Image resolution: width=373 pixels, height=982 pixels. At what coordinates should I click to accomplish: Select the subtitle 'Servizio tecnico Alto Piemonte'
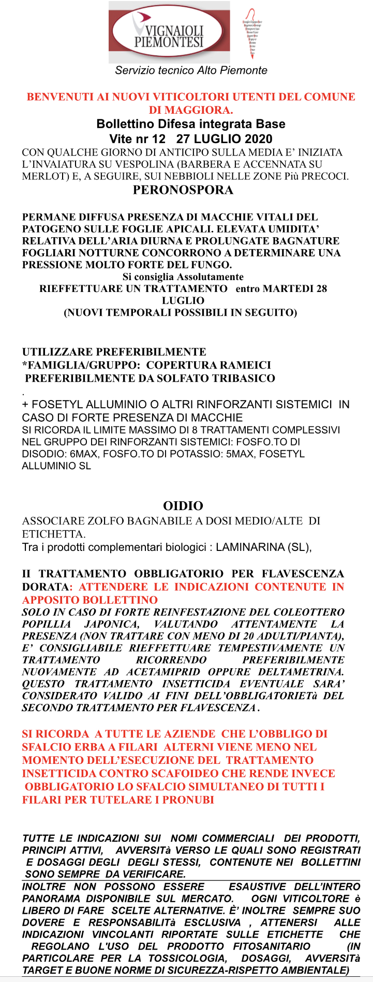(191, 70)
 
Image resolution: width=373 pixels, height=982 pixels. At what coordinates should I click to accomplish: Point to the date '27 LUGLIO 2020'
(224, 139)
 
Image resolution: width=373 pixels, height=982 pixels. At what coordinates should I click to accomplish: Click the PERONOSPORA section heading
(183, 190)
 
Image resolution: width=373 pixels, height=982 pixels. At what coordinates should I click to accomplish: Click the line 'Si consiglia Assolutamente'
(183, 277)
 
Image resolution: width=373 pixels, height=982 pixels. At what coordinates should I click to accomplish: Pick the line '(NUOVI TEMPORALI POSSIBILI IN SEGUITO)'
(180, 312)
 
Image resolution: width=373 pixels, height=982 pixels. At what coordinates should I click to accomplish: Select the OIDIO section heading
(183, 505)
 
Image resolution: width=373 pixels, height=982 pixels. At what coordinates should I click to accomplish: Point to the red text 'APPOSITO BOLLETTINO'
(89, 600)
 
